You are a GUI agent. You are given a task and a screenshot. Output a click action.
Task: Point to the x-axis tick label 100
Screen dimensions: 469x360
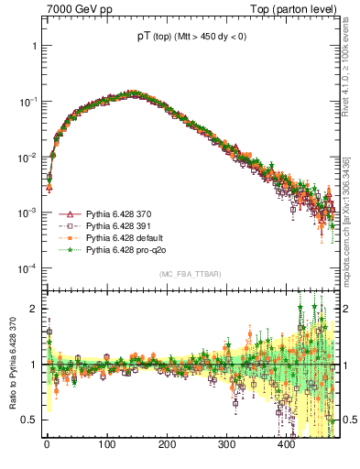click(106, 444)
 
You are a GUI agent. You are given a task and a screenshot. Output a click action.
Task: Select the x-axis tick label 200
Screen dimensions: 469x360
click(167, 444)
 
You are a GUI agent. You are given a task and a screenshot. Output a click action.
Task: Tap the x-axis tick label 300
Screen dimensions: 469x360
click(226, 444)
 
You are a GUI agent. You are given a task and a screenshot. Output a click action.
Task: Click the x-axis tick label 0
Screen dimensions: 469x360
click(47, 444)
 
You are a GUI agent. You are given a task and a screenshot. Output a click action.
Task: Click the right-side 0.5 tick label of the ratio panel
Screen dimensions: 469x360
click(346, 420)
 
